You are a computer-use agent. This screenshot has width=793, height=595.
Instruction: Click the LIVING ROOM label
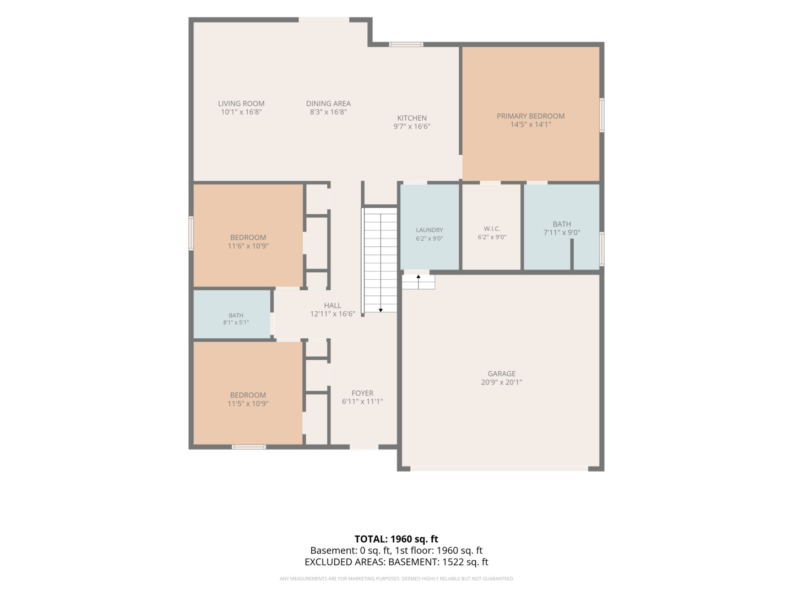click(x=241, y=104)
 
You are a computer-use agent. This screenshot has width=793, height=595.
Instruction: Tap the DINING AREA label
click(x=328, y=104)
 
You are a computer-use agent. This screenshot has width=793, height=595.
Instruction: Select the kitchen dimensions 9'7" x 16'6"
click(x=412, y=127)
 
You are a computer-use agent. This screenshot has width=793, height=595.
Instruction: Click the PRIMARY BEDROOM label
click(x=530, y=116)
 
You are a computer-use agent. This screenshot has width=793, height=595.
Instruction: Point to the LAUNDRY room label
click(x=429, y=230)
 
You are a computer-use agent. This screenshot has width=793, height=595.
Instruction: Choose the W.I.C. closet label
click(x=492, y=229)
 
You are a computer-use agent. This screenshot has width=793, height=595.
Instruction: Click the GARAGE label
click(x=502, y=374)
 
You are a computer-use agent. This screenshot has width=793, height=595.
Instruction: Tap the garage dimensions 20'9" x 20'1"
click(x=502, y=382)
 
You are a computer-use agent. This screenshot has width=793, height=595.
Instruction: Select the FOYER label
click(x=362, y=393)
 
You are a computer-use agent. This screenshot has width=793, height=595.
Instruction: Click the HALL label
click(x=333, y=306)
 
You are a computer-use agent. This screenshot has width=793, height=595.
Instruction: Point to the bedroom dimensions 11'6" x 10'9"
click(x=248, y=246)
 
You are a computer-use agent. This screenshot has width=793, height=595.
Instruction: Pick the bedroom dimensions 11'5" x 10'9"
click(x=248, y=403)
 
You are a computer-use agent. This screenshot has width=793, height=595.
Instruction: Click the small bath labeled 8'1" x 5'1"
click(x=236, y=315)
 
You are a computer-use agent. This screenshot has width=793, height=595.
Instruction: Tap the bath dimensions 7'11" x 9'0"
click(x=562, y=232)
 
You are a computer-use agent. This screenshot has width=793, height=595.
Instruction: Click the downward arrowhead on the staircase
click(x=381, y=310)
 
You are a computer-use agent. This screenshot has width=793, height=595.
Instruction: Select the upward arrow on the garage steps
click(x=419, y=282)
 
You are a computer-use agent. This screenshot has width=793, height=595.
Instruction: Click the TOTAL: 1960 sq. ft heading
click(x=397, y=539)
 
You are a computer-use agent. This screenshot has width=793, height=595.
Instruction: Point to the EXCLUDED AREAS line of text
click(x=397, y=562)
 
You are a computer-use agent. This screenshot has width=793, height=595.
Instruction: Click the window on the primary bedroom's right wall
click(x=602, y=115)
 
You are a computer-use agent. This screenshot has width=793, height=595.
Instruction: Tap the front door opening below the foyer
click(x=364, y=447)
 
